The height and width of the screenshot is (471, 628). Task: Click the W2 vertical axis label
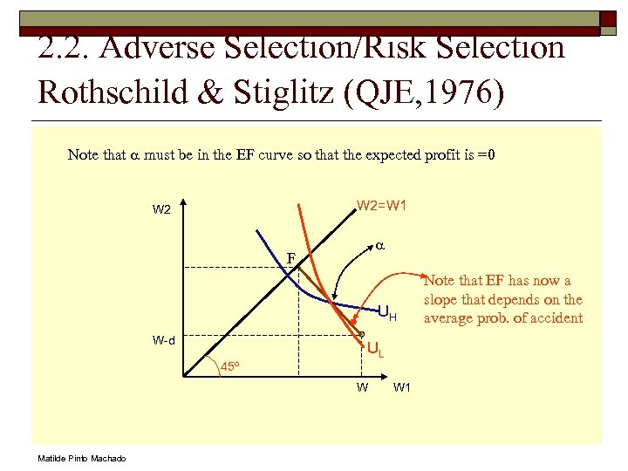tap(161, 210)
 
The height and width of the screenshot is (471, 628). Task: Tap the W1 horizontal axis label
tap(402, 387)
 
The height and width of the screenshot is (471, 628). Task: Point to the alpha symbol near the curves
tap(381, 247)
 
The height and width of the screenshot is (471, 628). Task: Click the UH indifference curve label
tap(386, 313)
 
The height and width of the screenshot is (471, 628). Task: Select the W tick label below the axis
tap(361, 387)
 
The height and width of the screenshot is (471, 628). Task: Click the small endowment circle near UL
tap(362, 334)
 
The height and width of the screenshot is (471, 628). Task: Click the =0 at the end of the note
tap(487, 155)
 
